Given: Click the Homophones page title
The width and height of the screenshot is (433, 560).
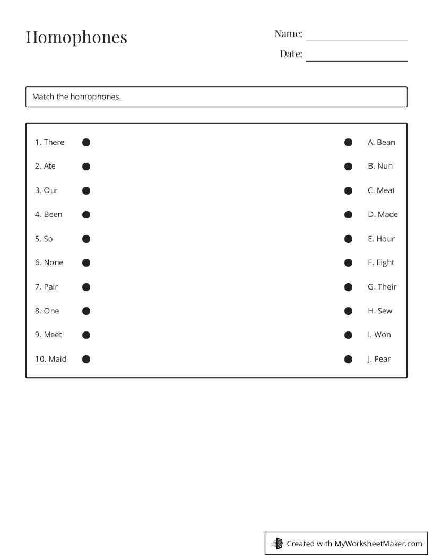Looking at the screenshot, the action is pos(76,37).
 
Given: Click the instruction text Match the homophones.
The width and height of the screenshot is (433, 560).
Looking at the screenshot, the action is pos(76,97).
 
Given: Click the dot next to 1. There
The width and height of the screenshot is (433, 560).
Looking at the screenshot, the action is pos(86,142).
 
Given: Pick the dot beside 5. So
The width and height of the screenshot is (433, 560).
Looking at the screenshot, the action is pos(86,239).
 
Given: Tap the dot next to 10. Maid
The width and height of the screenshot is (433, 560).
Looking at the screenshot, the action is pos(86,359).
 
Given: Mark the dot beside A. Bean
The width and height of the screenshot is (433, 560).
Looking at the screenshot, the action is pos(348,142).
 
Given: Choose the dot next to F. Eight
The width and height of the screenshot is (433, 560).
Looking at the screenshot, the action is pos(348,262).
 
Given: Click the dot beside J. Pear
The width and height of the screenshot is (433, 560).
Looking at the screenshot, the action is pos(348,359).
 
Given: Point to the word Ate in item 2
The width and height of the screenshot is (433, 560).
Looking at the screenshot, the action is pos(50,166).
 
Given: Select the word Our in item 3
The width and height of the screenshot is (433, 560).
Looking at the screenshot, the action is pos(51,190).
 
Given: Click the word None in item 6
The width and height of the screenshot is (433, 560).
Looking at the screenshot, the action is pos(54,262).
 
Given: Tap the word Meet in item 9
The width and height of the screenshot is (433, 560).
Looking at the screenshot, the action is pos(53,335).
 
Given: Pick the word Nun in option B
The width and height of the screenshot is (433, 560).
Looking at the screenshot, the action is pos(385,166).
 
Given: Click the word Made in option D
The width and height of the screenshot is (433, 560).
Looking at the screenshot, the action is pos(388,214).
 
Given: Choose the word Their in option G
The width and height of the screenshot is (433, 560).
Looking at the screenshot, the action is pos(387,287).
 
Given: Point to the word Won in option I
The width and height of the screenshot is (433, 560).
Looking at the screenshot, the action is pos(383,335).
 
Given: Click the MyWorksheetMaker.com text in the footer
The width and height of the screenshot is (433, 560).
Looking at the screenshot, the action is pos(378,544).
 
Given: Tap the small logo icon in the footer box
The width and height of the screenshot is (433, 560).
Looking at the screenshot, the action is pos(277,544).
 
